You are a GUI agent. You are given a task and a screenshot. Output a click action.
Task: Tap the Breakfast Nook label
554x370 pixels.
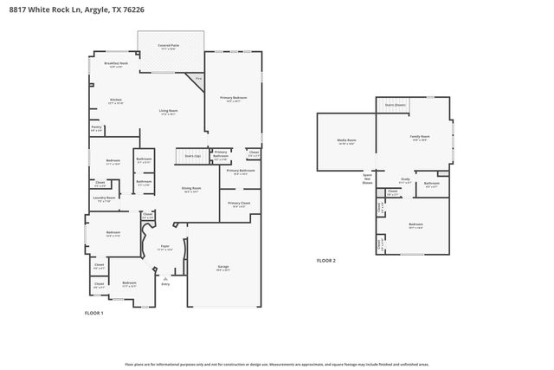coord(116,63)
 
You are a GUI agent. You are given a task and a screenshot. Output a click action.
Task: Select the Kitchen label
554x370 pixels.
coord(116,100)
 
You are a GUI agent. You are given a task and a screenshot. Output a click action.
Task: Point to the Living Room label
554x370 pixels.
coord(168,111)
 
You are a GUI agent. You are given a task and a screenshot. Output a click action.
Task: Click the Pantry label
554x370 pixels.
coord(96,127)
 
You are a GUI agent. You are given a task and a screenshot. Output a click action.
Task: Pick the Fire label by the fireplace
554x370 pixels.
coord(198,79)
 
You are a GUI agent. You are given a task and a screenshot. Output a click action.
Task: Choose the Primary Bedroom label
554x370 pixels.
coord(233,98)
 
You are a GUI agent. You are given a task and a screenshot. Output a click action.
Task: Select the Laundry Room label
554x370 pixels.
coord(105,198)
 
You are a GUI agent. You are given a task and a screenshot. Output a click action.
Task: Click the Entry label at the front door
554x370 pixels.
coord(165,283)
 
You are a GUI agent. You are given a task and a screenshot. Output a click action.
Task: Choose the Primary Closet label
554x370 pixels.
coord(238,203)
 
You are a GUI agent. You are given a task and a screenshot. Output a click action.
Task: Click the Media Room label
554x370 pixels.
coord(346,140)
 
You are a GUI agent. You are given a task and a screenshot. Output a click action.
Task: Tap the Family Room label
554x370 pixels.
coord(421,138)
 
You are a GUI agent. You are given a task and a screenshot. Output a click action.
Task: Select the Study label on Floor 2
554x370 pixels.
coord(404,179)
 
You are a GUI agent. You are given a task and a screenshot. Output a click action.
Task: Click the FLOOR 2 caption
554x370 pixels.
coord(325,260)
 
